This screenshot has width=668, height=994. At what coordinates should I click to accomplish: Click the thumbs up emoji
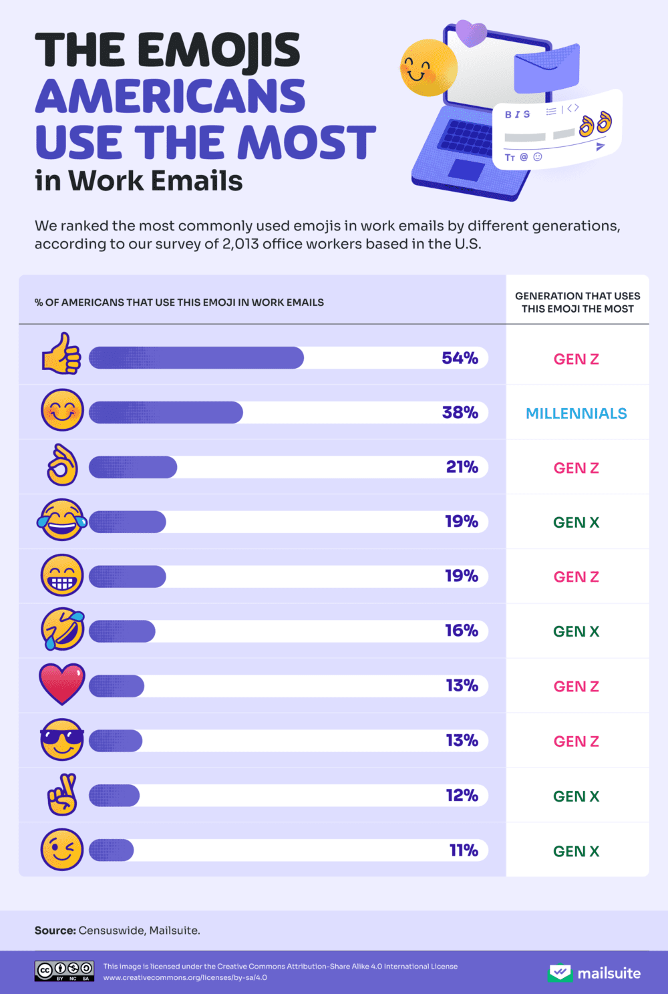[x=61, y=354]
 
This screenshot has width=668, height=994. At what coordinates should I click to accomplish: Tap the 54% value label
[x=460, y=358]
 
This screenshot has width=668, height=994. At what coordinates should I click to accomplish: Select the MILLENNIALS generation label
[x=576, y=413]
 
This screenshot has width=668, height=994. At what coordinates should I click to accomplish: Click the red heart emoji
[x=62, y=684]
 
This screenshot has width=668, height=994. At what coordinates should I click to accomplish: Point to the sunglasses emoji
[x=62, y=739]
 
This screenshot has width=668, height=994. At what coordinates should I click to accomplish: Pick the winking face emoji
[x=62, y=850]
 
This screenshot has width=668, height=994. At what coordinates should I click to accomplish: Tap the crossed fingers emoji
[x=62, y=794]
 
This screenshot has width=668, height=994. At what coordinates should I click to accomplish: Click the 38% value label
[x=460, y=413]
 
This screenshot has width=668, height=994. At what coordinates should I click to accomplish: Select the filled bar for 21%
[x=133, y=467]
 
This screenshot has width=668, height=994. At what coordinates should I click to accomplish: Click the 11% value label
[x=464, y=850]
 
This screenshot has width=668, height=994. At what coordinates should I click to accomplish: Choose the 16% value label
[x=462, y=631]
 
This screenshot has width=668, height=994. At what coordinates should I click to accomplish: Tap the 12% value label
[x=462, y=796]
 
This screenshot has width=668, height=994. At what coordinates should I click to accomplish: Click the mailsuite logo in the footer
[x=594, y=973]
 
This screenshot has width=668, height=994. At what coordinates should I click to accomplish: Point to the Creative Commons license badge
[x=65, y=971]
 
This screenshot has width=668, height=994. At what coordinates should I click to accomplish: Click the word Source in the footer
[x=55, y=931]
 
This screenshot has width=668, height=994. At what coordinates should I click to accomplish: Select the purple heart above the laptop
[x=472, y=33]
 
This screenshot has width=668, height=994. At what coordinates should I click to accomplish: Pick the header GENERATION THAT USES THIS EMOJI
[x=577, y=302]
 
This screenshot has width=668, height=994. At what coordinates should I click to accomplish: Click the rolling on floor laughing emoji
[x=62, y=629]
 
